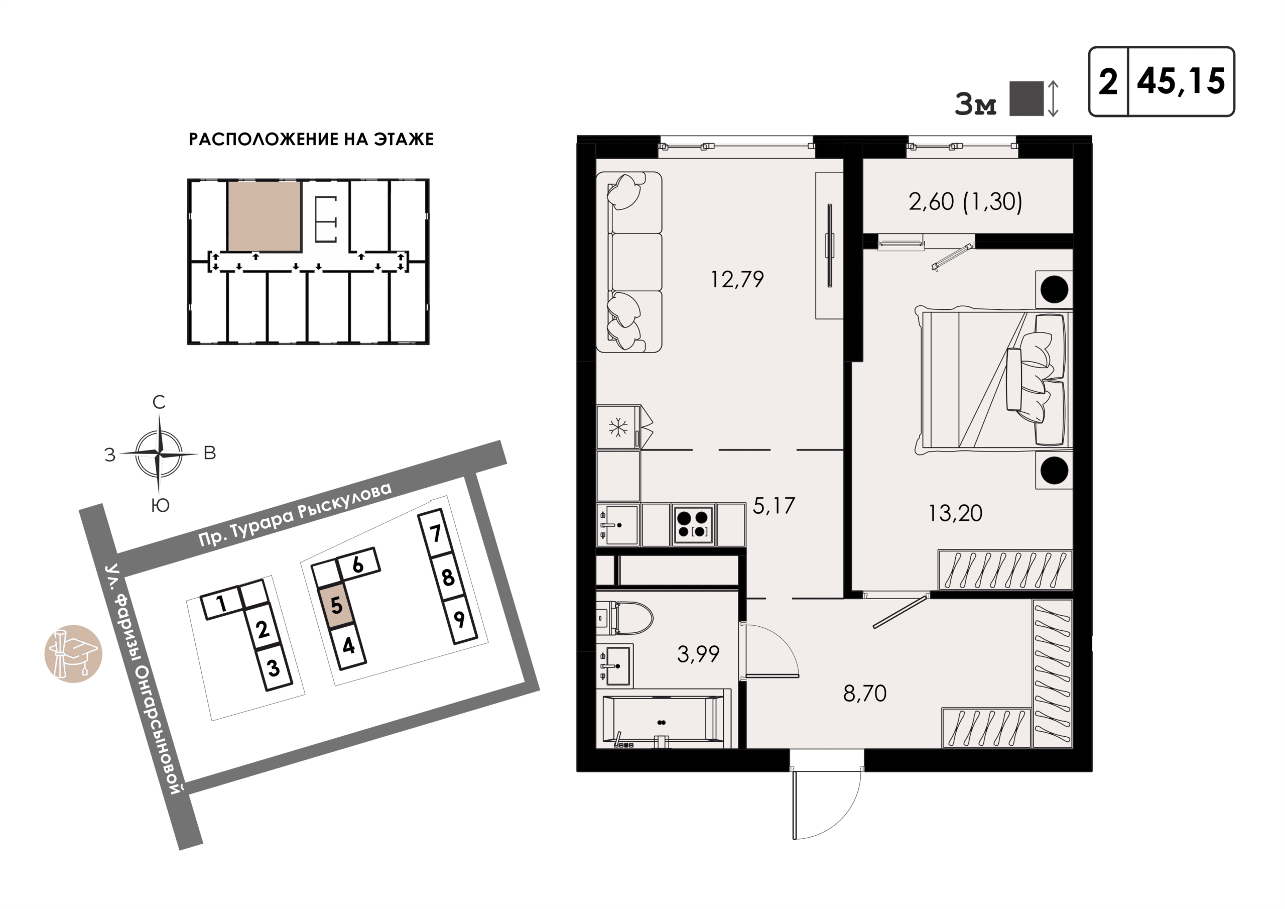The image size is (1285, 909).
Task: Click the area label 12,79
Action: coord(736,279)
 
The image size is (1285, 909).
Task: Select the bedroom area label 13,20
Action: coord(955,513)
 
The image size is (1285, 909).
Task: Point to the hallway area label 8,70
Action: coord(865,694)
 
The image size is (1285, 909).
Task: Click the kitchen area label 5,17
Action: coord(774,506)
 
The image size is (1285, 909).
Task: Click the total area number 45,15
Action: coord(1181,82)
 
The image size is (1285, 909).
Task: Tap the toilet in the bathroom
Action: coord(624,618)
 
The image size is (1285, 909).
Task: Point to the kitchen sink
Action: coord(618,525)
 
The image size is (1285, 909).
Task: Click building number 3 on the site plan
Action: coord(274,668)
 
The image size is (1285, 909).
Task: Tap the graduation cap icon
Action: coord(73,653)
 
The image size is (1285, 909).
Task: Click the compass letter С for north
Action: coord(159,402)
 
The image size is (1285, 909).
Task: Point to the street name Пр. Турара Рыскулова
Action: coord(295,514)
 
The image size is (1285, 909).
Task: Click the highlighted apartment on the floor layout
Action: coord(264,216)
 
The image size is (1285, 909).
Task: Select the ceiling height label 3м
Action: coord(975,105)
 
